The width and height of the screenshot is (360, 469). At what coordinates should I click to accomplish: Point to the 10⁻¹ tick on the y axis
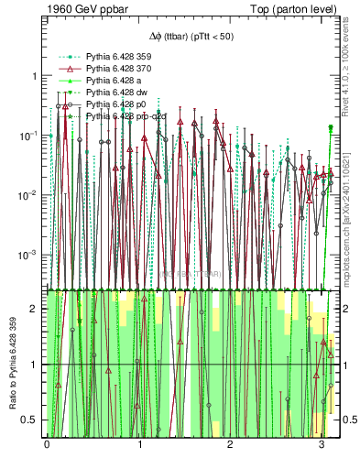30,136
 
